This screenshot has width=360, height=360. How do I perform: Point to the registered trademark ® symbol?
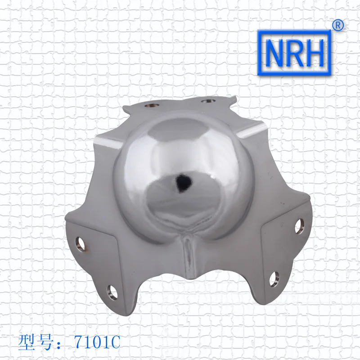point(337,26)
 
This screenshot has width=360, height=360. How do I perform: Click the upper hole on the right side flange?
point(298,224)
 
